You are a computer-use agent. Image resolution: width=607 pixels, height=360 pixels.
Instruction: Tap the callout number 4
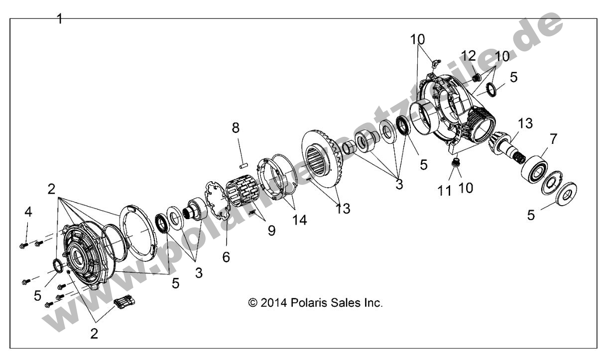[x=28, y=212]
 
